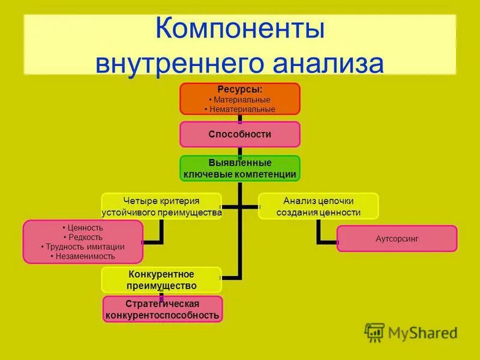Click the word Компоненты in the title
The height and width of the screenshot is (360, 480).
[240, 30]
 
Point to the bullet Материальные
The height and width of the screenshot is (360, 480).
[240, 100]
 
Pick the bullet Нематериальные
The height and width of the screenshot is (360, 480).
[240, 109]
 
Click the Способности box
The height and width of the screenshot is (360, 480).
[240, 134]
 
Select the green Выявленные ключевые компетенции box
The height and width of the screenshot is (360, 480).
[240, 169]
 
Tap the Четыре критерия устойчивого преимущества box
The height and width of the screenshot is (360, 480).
[161, 206]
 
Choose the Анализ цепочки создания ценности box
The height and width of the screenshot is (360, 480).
[319, 206]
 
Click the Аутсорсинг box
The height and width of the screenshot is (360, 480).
[397, 238]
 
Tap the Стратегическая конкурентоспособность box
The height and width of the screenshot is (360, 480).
[162, 309]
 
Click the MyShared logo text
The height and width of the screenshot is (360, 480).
[422, 332]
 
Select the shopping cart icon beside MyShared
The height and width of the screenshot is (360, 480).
[374, 332]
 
